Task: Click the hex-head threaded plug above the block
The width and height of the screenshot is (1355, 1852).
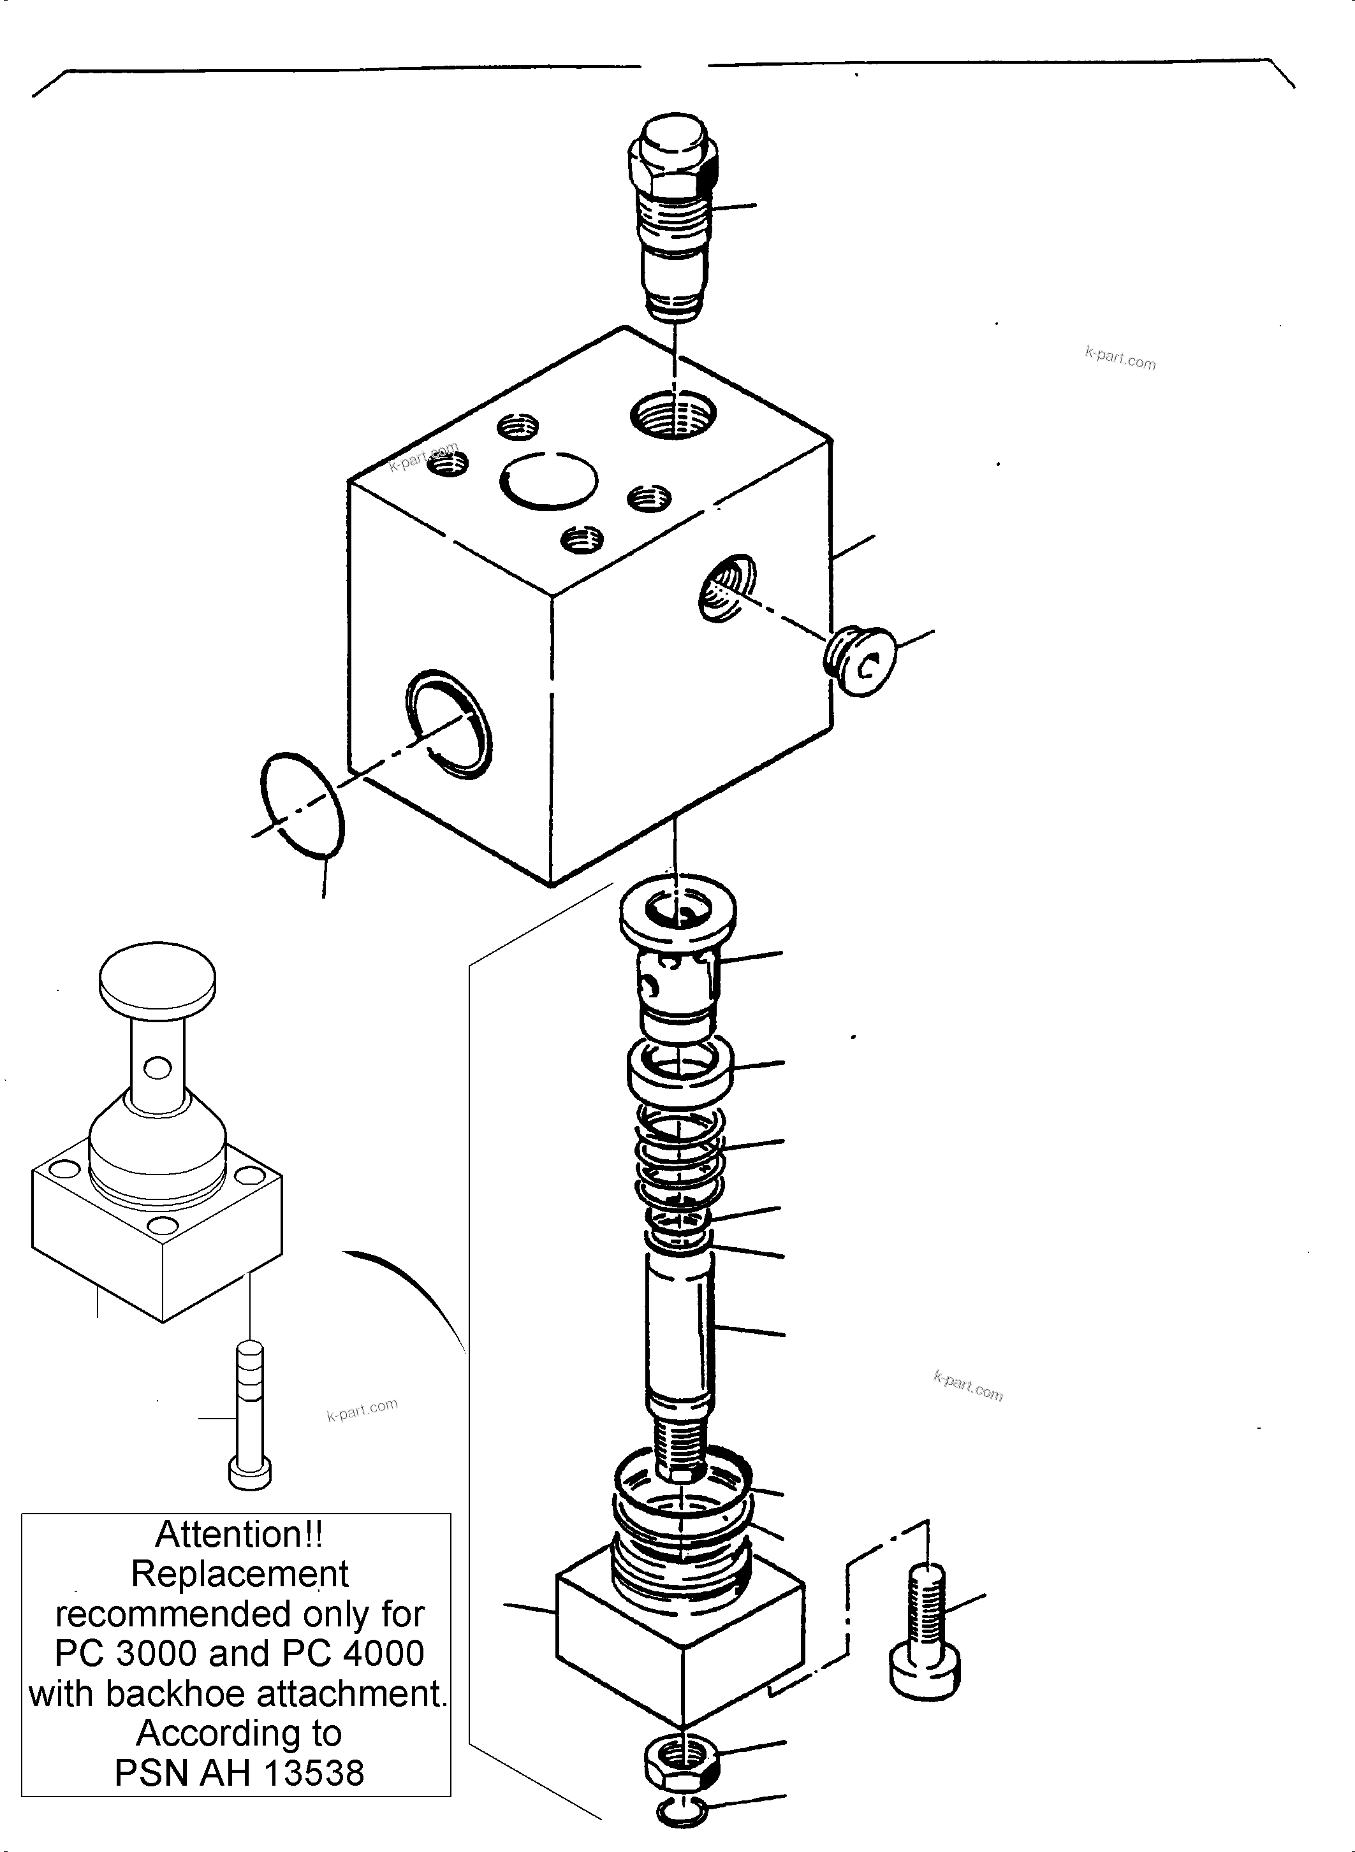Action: pyautogui.click(x=673, y=213)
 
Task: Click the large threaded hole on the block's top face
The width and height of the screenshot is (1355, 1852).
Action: pyautogui.click(x=673, y=415)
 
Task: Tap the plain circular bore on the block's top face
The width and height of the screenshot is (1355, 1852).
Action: pyautogui.click(x=548, y=481)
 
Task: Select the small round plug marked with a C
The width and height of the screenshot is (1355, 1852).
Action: pyautogui.click(x=861, y=662)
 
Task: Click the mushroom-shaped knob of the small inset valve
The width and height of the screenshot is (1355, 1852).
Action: pyautogui.click(x=157, y=979)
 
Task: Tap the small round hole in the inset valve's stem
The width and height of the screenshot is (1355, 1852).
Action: pyautogui.click(x=157, y=1067)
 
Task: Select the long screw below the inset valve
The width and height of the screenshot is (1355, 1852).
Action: pyautogui.click(x=249, y=1414)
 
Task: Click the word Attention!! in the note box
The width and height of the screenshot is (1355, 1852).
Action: pyautogui.click(x=238, y=1535)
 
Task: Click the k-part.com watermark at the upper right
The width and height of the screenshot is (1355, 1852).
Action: pyautogui.click(x=1120, y=358)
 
